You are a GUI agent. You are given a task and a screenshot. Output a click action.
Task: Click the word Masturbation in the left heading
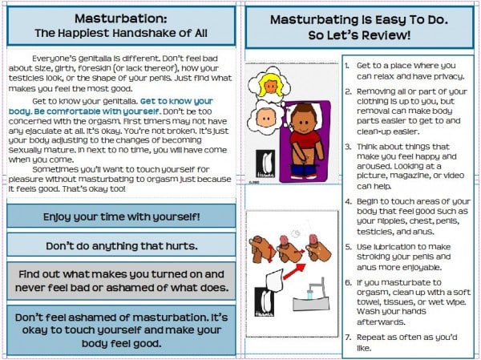click(x=120, y=18)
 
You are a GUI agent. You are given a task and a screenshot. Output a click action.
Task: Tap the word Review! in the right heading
click(x=393, y=35)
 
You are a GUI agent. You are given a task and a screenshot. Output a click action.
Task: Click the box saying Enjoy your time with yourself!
click(x=120, y=216)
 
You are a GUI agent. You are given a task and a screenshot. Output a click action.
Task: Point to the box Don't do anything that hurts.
click(x=120, y=245)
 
